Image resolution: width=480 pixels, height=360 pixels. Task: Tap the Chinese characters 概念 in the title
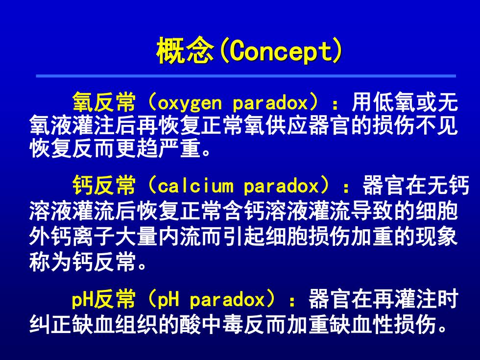pyautogui.click(x=185, y=51)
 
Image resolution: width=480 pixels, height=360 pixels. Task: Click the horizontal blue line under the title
pyautogui.click(x=246, y=76)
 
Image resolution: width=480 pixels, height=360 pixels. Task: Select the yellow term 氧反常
pyautogui.click(x=104, y=102)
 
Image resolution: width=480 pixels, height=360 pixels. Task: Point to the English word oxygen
pyautogui.click(x=190, y=103)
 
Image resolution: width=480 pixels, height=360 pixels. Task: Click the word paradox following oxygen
pyautogui.click(x=270, y=103)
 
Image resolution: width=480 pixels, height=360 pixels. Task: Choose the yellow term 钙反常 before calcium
pyautogui.click(x=104, y=185)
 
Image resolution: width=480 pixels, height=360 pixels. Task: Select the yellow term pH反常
pyautogui.click(x=103, y=299)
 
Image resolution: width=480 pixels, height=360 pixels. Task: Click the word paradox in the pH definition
pyautogui.click(x=227, y=300)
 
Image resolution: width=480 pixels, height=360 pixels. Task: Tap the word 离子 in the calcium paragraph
pyautogui.click(x=93, y=237)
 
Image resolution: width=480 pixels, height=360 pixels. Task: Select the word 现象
pyautogui.click(x=436, y=237)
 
